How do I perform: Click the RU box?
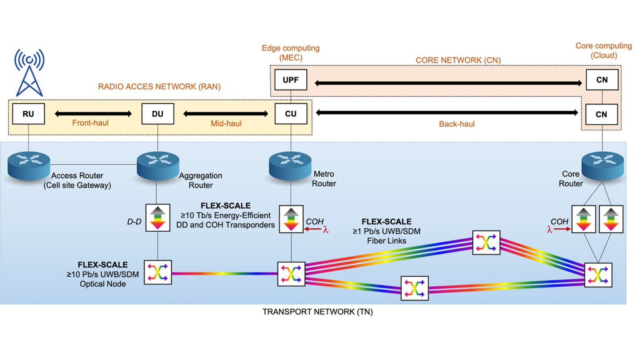coord(28,114)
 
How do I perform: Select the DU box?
coord(157,114)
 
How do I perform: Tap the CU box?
coord(291,114)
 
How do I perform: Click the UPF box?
coord(290,80)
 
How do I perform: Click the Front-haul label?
coord(90,123)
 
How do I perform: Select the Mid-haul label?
coord(226,123)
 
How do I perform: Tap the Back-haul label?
coord(457,124)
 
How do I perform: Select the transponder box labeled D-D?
coord(157,218)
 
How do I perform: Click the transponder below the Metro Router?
coord(291,219)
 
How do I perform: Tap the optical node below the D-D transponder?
coord(157,272)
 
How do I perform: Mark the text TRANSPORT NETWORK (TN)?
coord(317,312)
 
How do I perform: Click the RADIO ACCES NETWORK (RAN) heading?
coord(159,87)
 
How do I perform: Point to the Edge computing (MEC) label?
coord(290,52)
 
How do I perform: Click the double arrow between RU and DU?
coord(93,113)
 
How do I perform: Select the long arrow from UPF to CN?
coord(448,83)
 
